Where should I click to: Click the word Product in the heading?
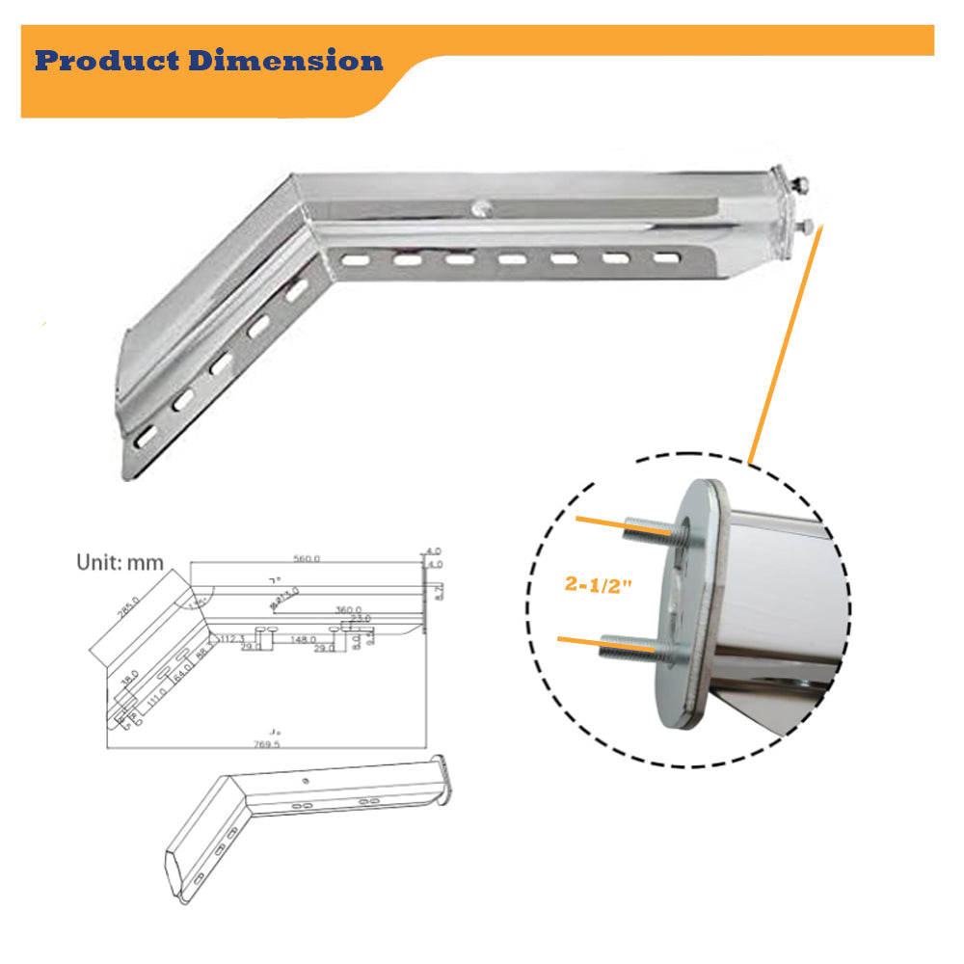[x=108, y=62]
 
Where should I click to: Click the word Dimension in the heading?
[x=286, y=62]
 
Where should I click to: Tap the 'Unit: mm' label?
[x=120, y=563]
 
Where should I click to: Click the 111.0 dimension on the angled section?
[x=157, y=690]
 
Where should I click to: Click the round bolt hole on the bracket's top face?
[x=480, y=205]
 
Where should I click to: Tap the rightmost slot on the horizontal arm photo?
[x=664, y=258]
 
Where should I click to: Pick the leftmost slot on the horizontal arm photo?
[x=354, y=258]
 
